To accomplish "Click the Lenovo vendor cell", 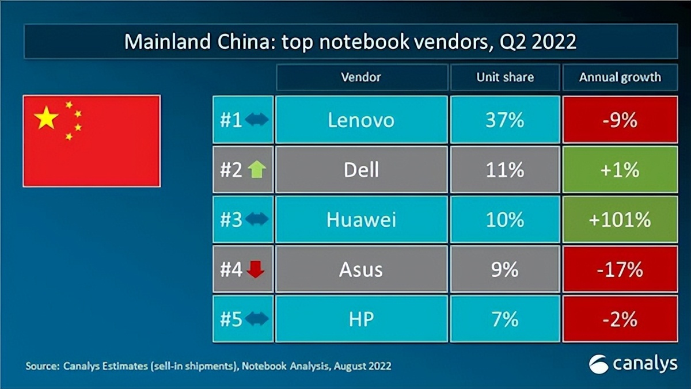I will [361, 120].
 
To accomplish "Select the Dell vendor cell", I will [361, 169].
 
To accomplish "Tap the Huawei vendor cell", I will [361, 219].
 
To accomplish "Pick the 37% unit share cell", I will [505, 120].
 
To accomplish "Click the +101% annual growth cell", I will [620, 219].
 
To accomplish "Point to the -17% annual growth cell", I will [620, 269].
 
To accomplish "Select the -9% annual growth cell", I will [620, 120].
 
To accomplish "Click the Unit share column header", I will [505, 77].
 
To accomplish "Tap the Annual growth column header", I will [620, 77].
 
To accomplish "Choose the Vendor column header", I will [361, 77].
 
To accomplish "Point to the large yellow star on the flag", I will [47, 118].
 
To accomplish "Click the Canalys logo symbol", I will [599, 364].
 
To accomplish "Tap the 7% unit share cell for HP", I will [505, 319].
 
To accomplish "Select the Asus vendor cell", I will [361, 269].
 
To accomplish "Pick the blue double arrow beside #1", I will [256, 120].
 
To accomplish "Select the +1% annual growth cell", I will [620, 169].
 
